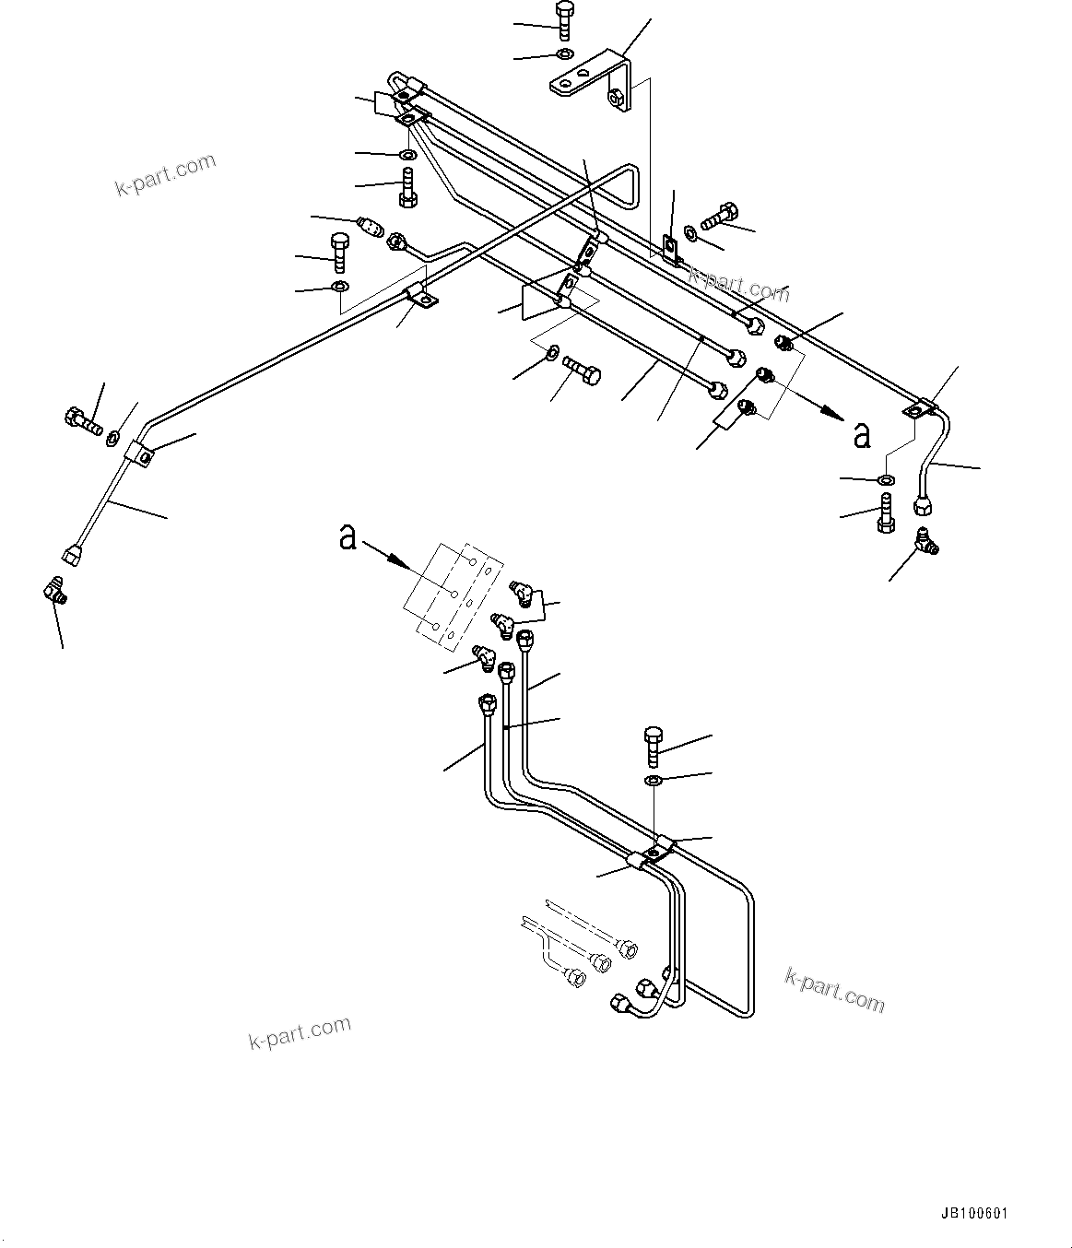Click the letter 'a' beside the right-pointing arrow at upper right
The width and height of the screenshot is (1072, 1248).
coord(861,434)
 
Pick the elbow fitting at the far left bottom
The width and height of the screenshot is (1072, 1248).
coord(54,591)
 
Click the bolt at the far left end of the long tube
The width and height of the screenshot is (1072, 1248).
coord(81,422)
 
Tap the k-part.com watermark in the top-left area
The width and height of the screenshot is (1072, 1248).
coord(165,175)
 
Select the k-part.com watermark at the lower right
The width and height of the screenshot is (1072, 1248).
coord(834,989)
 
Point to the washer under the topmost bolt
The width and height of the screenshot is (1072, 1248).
coord(564,53)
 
